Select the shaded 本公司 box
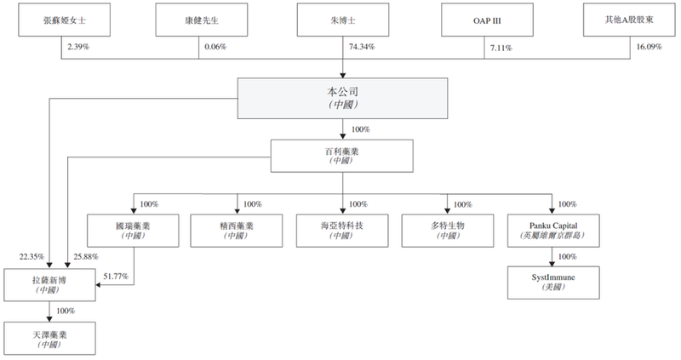pyautogui.click(x=342, y=97)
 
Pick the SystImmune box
pyautogui.click(x=552, y=281)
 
